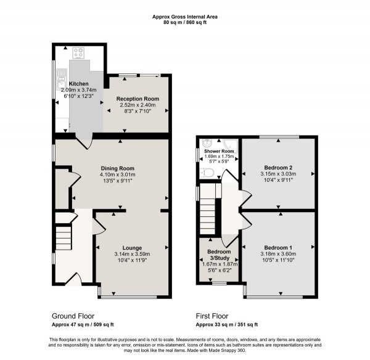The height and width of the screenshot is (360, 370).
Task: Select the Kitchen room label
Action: (x=79, y=83)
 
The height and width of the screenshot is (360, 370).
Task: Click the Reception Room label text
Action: (x=138, y=99)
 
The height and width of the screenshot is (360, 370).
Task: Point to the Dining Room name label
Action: (x=118, y=168)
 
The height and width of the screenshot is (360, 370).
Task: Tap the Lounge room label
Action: (x=132, y=247)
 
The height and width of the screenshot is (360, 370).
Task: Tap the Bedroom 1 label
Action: (x=278, y=247)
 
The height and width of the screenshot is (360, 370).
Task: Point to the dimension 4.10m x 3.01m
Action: (x=118, y=174)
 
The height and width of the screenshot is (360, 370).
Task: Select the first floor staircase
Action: (x=208, y=210)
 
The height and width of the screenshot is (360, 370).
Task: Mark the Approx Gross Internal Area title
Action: (x=186, y=17)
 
